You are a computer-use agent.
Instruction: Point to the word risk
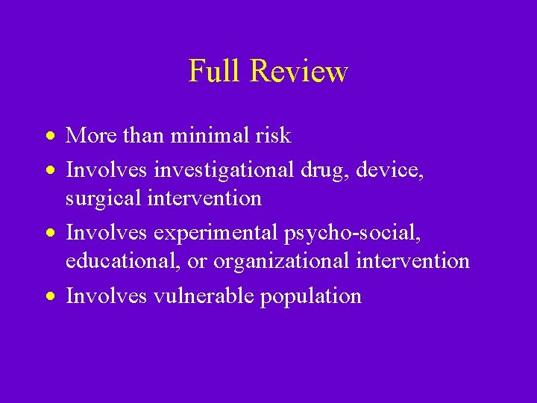click(x=274, y=136)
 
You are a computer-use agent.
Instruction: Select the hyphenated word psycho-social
click(x=352, y=234)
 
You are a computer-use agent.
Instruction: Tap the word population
click(x=310, y=296)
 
